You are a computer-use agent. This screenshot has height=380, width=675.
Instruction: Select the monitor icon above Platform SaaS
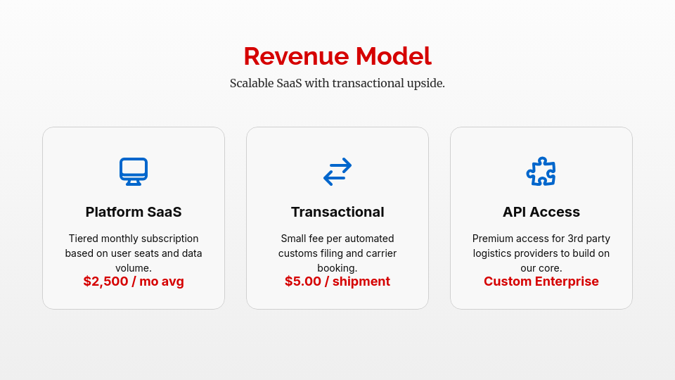[x=134, y=171]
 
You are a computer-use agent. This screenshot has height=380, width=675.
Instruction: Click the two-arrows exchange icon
[x=337, y=171]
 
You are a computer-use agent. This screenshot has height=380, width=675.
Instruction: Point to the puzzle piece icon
[x=541, y=171]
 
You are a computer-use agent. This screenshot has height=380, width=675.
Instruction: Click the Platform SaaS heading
[x=134, y=212]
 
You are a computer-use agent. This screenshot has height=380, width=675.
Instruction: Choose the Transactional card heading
[x=337, y=212]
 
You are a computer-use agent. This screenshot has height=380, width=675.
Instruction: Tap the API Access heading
[x=541, y=212]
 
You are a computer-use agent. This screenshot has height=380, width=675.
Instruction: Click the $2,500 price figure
[x=106, y=281]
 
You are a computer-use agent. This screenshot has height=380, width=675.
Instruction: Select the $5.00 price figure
[x=303, y=281]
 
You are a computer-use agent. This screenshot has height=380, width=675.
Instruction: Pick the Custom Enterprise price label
[x=541, y=281]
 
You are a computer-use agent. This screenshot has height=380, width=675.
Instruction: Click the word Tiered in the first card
[x=84, y=239]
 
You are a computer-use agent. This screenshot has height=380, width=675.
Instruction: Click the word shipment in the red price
[x=361, y=281]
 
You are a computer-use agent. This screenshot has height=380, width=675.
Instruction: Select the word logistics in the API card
[x=494, y=253]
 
